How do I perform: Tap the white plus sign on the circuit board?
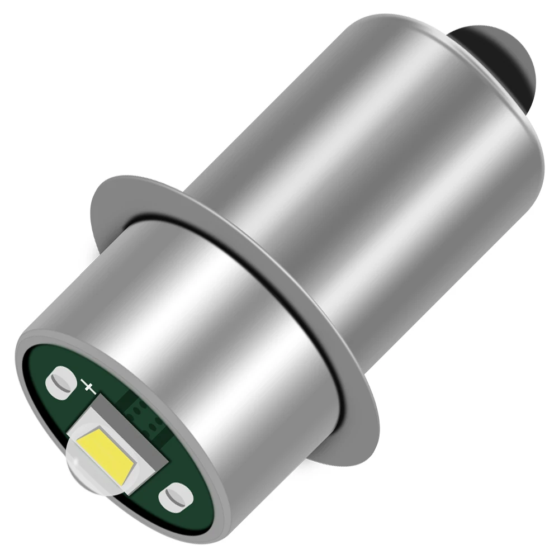pos(88,386)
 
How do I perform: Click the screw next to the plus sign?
pos(61,381)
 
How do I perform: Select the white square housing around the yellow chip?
pos(129,430)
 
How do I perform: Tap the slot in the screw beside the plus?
pos(61,382)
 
